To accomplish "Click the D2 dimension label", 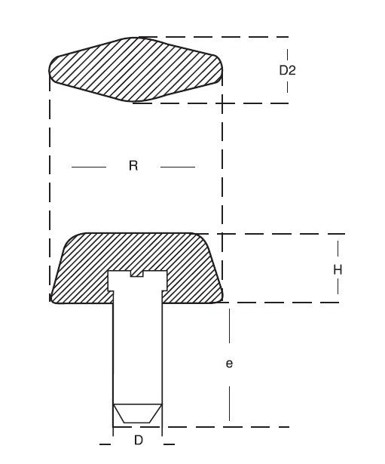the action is click(287, 70).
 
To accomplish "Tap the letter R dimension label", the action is click(133, 165).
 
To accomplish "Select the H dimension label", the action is click(338, 270).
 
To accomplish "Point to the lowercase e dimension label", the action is click(229, 364).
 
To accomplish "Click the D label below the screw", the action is click(139, 441).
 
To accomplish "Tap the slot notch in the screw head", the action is click(137, 274).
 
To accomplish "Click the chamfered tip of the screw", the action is click(137, 413).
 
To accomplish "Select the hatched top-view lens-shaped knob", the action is click(136, 70).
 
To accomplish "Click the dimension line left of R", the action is click(89, 167).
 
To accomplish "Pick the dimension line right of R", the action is click(178, 167).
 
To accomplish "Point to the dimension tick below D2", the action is click(287, 87).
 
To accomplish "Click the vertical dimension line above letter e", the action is click(230, 326).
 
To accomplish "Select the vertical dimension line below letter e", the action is click(230, 404).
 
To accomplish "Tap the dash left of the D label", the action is click(105, 444).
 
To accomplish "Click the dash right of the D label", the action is click(169, 444).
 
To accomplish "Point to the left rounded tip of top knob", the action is click(50, 69).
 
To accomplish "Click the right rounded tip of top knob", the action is click(221, 70).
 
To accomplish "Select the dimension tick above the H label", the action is click(338, 251).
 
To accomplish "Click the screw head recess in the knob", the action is click(137, 281).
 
